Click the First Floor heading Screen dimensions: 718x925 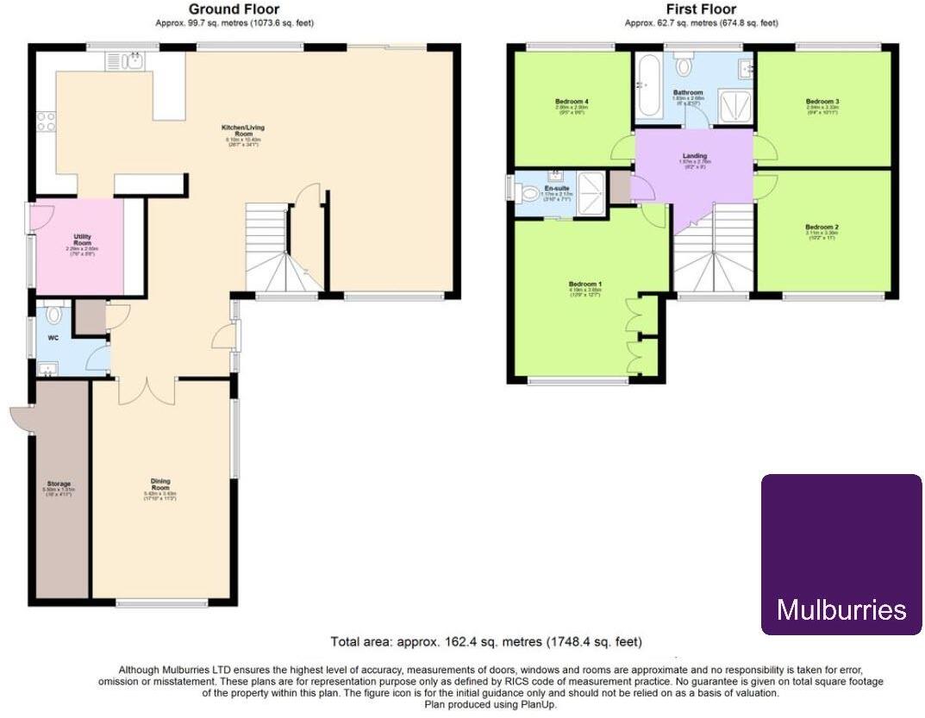pos(700,9)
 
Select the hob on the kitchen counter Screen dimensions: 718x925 pos(45,122)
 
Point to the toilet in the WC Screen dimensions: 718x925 pos(55,315)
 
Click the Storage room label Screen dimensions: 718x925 pos(59,484)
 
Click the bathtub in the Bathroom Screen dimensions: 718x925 pos(647,86)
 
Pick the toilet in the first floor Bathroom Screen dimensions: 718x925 pos(686,66)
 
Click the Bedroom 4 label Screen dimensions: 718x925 pos(572,102)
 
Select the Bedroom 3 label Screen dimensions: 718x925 pos(822,102)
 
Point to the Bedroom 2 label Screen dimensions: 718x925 pos(822,228)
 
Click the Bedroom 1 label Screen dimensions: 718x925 pos(585,284)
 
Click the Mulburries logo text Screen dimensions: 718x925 pos(841,610)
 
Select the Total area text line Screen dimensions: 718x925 pos(486,642)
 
